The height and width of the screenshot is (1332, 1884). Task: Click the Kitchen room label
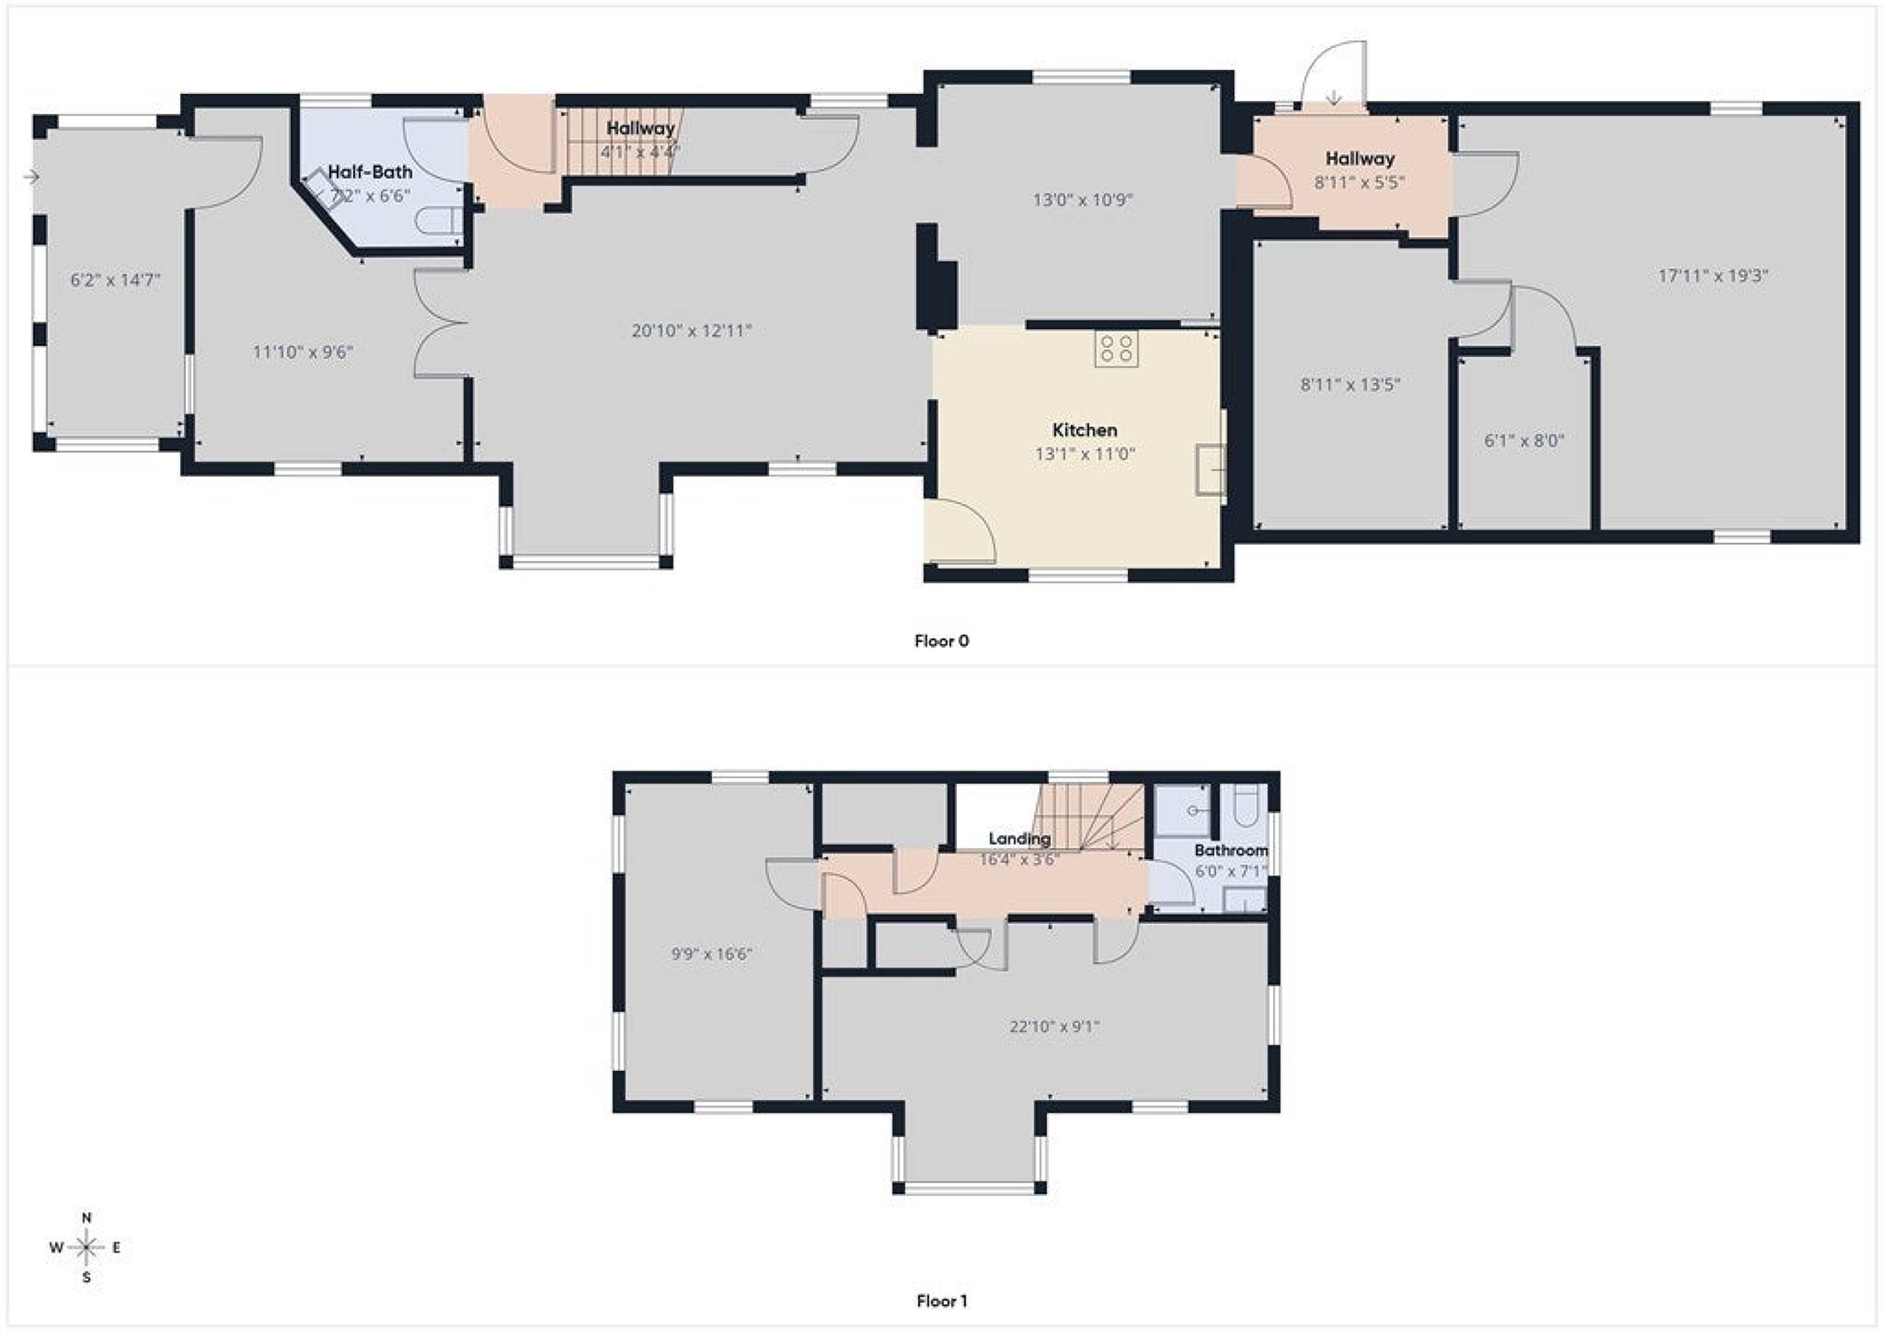click(1084, 430)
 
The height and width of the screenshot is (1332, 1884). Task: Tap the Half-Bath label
click(370, 172)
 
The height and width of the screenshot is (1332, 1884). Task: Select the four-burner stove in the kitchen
click(1116, 348)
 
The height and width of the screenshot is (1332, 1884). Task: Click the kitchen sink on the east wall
click(1210, 470)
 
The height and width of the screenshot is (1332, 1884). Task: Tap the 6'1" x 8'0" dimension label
click(1524, 441)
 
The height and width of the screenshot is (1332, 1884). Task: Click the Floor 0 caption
click(941, 641)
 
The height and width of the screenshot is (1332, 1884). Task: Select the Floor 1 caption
click(941, 1301)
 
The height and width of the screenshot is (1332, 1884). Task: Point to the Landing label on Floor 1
click(1019, 838)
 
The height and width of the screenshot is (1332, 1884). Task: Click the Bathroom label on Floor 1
click(1231, 850)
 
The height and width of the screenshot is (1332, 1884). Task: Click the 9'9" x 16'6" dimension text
click(711, 954)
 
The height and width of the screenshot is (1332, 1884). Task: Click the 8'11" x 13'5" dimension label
click(1350, 384)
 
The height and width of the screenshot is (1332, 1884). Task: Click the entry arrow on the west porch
click(32, 176)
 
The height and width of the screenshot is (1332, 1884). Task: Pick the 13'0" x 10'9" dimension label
click(1082, 199)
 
